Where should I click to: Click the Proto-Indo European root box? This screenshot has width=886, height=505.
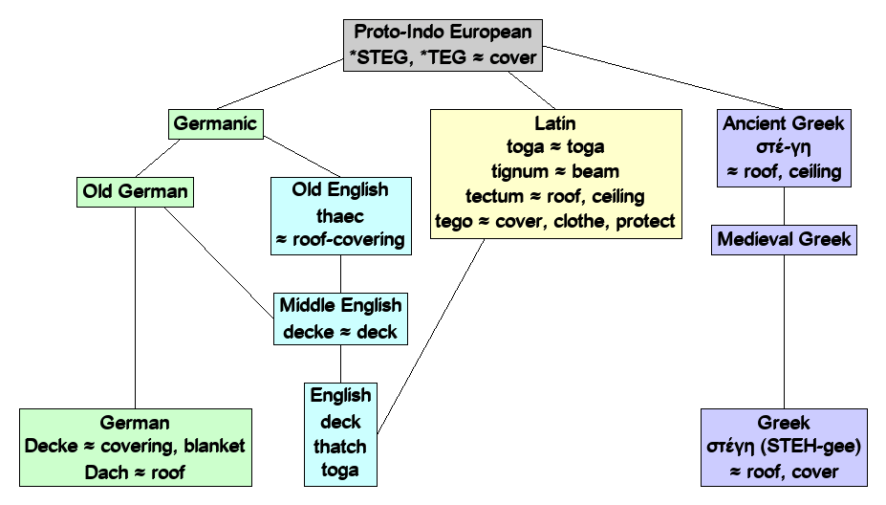[x=444, y=45]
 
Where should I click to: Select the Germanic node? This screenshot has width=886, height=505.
[x=216, y=123]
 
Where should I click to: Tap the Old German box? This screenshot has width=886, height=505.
[x=135, y=192]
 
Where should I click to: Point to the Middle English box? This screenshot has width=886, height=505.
[x=340, y=319]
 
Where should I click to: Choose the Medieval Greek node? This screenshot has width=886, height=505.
[x=785, y=238]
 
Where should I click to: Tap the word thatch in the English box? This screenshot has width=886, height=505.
[x=340, y=446]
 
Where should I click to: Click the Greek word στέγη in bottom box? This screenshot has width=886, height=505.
[x=738, y=447]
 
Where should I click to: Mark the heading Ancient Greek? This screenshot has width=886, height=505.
[x=785, y=123]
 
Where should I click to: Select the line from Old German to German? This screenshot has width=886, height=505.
[x=135, y=306]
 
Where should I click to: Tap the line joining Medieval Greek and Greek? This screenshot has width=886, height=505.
[x=785, y=330]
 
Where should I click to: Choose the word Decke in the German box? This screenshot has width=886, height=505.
[x=54, y=446]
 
